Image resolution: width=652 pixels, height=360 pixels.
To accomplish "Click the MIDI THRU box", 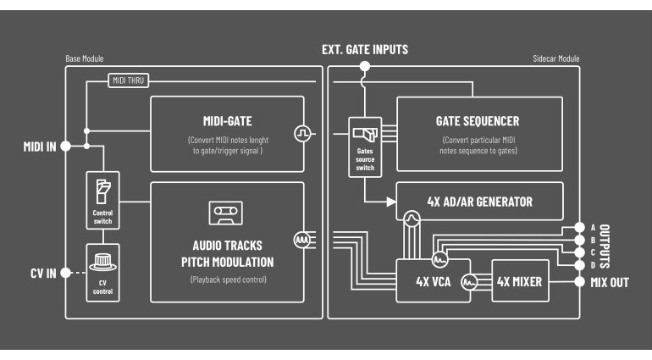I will [129, 80].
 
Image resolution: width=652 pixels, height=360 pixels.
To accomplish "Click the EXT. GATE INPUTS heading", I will [365, 50].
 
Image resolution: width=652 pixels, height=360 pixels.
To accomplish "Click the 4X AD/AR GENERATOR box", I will [479, 202].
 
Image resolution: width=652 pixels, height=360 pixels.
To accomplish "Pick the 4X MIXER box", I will [519, 281].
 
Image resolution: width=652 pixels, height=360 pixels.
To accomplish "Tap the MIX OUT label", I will [610, 282].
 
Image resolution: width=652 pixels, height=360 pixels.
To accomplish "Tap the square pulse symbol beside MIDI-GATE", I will [302, 133].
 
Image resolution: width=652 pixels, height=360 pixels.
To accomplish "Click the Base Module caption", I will [85, 60].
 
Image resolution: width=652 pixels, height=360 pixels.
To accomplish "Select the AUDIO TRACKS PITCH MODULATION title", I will [226, 252].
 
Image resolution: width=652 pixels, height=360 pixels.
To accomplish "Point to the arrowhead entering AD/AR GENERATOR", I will [391, 202].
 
